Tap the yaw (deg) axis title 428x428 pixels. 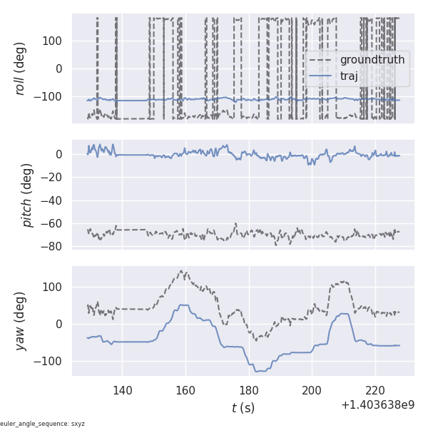pyautogui.click(x=21, y=321)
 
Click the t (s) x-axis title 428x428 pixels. pyautogui.click(x=243, y=408)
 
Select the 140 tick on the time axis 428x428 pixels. pyautogui.click(x=122, y=390)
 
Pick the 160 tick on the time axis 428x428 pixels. pyautogui.click(x=185, y=390)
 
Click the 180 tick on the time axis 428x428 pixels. pyautogui.click(x=249, y=390)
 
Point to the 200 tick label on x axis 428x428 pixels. pyautogui.click(x=312, y=390)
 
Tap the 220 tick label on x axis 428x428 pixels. pyautogui.click(x=375, y=390)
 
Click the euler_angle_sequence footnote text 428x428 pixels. pyautogui.click(x=43, y=424)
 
